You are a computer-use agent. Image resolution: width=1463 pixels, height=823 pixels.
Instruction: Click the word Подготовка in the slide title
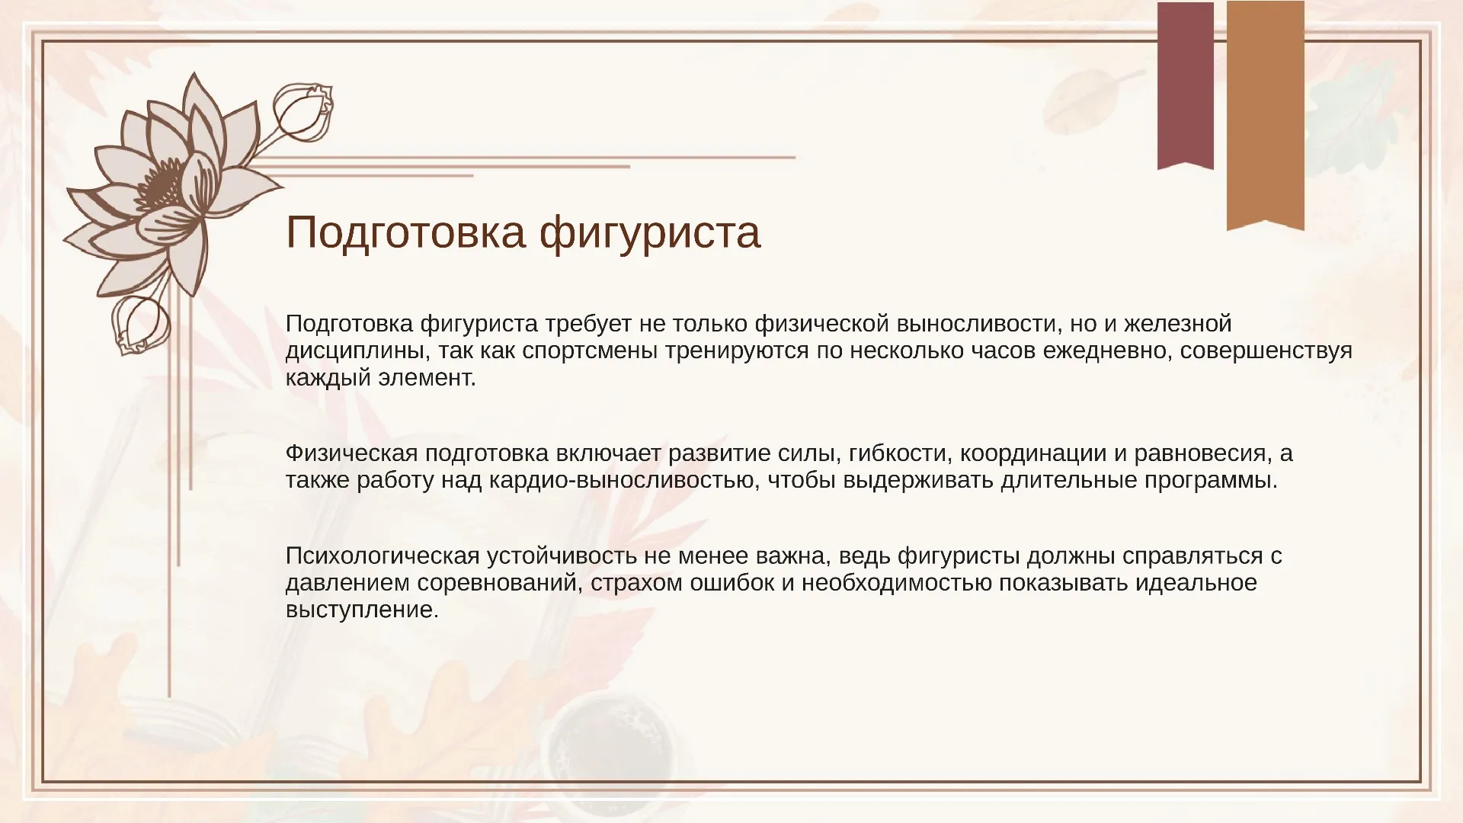point(405,232)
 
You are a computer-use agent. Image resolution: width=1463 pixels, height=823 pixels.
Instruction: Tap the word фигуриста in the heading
point(650,232)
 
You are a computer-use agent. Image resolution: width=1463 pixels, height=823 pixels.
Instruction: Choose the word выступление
point(362,610)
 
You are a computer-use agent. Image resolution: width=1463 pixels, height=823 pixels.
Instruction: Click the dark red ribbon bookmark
point(1185,84)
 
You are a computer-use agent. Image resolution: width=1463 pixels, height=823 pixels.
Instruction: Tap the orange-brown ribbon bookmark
point(1265,114)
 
